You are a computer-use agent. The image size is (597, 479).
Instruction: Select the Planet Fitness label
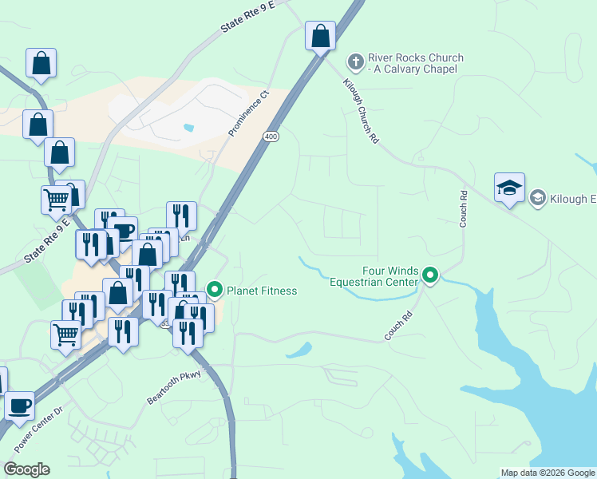coord(262,291)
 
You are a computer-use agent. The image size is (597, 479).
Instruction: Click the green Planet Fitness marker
coord(215,290)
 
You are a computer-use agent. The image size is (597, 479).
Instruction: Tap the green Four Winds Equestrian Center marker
coord(430,276)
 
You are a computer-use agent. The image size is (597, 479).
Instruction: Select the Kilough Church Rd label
coord(362,110)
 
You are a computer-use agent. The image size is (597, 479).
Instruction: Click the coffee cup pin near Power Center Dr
coord(19,405)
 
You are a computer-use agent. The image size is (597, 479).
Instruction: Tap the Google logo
coord(26,469)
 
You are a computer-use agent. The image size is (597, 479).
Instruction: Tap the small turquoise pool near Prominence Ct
coord(188,127)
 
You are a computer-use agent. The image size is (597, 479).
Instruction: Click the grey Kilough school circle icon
coord(538,198)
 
